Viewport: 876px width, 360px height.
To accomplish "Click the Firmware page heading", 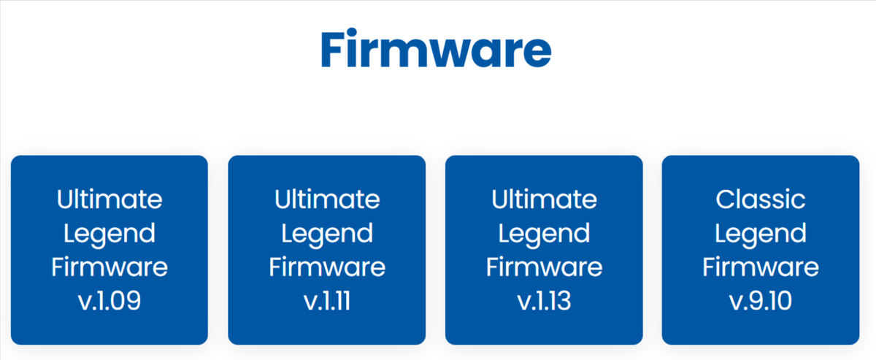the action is [436, 49].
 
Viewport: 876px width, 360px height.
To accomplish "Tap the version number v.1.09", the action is [109, 301].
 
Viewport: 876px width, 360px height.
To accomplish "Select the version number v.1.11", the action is [327, 301].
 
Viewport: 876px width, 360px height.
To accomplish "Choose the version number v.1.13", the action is [544, 301].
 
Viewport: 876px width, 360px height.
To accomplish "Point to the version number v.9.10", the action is [761, 301].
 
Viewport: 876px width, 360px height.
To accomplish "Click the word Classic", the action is [761, 199].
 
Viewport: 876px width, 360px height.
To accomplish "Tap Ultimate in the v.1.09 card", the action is [109, 199].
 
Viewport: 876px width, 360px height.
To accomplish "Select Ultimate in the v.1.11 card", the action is [327, 199].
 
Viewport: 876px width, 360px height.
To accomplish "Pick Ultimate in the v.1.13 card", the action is [544, 199].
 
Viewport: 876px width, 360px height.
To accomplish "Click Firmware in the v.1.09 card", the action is [109, 267].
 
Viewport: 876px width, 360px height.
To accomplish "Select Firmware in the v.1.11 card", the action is [327, 267].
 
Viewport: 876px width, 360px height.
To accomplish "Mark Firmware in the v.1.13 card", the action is [544, 267].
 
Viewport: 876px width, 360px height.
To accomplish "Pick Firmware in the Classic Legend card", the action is [761, 267].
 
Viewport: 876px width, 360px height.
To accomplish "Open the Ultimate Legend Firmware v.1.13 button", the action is [544, 250].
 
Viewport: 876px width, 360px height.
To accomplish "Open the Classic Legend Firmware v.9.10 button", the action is [761, 250].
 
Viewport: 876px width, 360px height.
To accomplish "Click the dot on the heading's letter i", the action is [352, 32].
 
